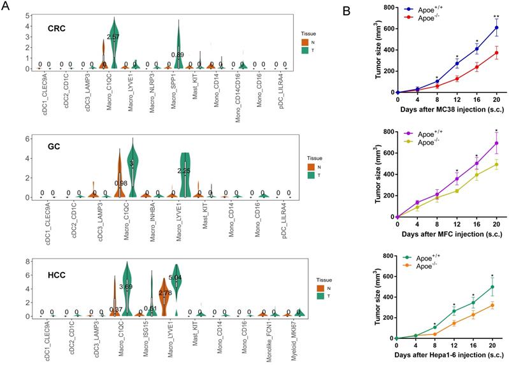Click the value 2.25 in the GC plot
(x=183, y=170)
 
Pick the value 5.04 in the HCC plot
(x=175, y=278)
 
